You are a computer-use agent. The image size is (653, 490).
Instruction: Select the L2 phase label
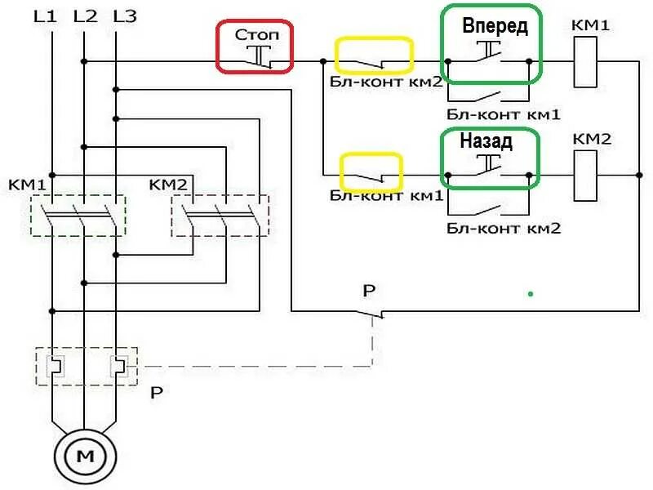[x=84, y=16]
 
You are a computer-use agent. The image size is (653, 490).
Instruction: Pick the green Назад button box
[x=490, y=158]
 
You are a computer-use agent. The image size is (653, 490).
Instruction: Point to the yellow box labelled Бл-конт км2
[x=375, y=56]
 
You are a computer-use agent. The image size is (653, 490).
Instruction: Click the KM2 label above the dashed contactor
[x=168, y=184]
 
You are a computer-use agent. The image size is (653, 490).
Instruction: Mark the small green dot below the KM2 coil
[x=531, y=292]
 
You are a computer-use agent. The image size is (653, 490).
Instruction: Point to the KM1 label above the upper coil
[x=592, y=27]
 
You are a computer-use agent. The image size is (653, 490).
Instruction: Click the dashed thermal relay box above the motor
[x=86, y=365]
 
